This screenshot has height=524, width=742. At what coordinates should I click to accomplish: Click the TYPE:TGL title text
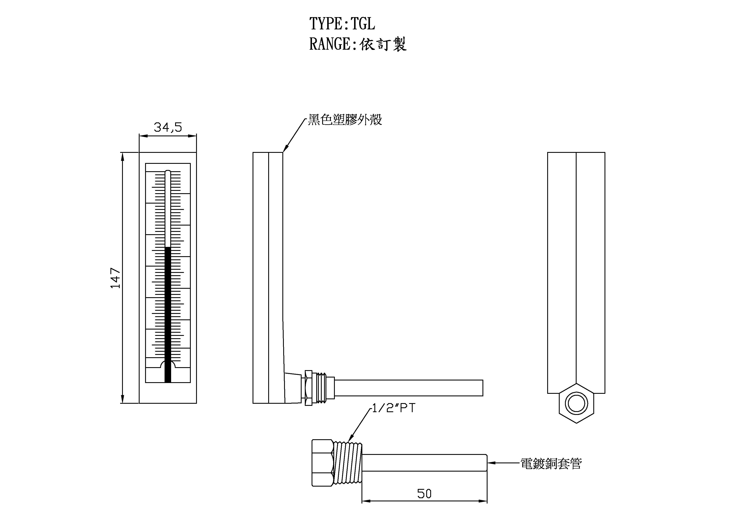click(342, 24)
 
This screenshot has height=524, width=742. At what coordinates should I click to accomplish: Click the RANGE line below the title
click(357, 44)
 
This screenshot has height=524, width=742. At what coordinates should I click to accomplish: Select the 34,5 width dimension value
click(168, 127)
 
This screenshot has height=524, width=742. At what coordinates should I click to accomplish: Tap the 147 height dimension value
click(115, 278)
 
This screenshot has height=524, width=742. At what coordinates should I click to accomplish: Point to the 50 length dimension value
click(424, 494)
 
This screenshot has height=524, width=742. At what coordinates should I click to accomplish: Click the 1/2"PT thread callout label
click(393, 408)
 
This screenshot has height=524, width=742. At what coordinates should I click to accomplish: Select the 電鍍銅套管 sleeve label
click(551, 464)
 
